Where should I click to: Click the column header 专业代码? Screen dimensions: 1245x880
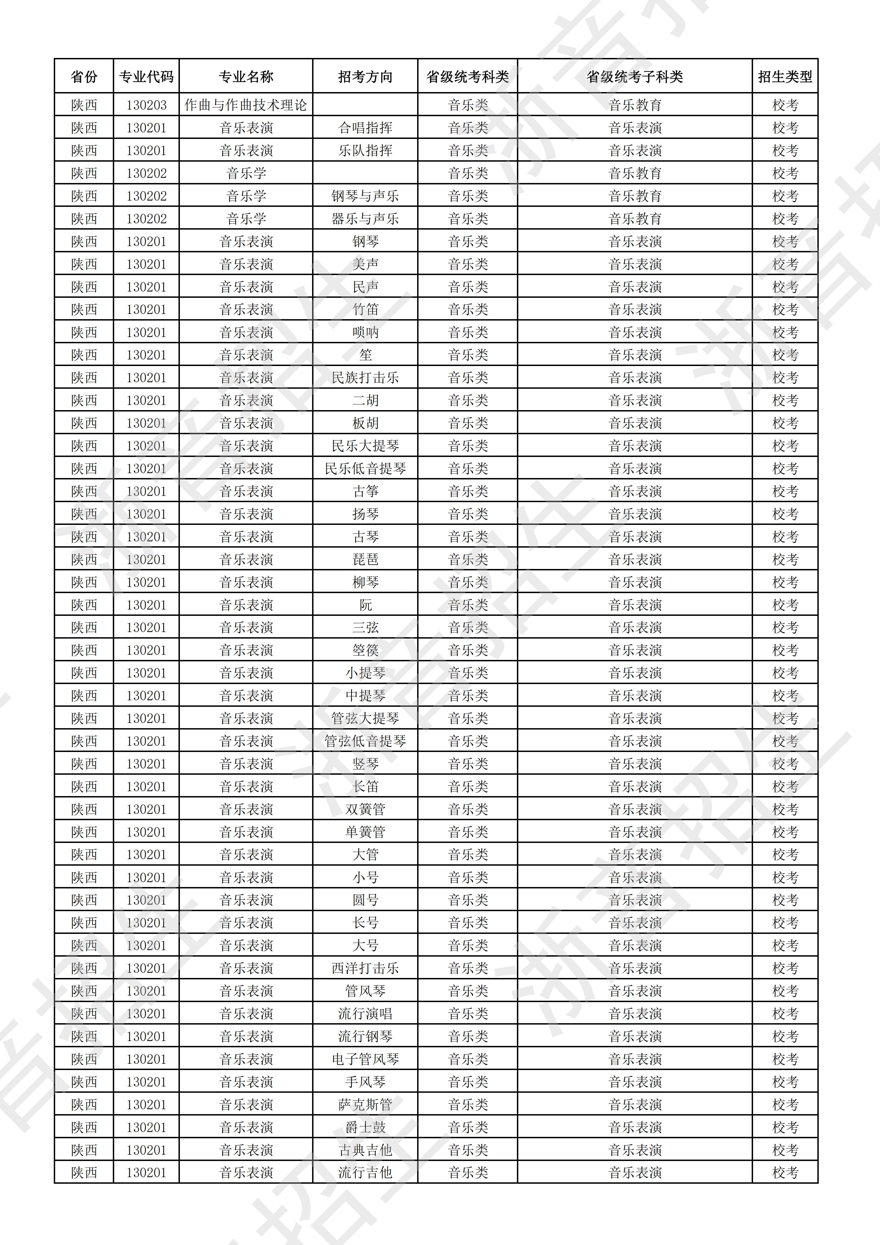pos(146,77)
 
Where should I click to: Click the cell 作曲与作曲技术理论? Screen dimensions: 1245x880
pos(246,105)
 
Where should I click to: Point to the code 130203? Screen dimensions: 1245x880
pos(146,105)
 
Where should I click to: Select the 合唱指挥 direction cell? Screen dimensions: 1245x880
pos(365,128)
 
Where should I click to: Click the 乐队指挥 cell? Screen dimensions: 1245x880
pos(365,150)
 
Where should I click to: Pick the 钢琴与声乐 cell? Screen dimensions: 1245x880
pos(365,196)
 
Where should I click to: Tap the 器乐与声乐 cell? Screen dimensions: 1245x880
pos(365,218)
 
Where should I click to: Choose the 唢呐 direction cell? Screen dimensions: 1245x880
pos(365,332)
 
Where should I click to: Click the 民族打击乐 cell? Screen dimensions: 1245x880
pos(365,377)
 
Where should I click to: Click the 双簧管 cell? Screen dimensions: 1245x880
pos(365,809)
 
